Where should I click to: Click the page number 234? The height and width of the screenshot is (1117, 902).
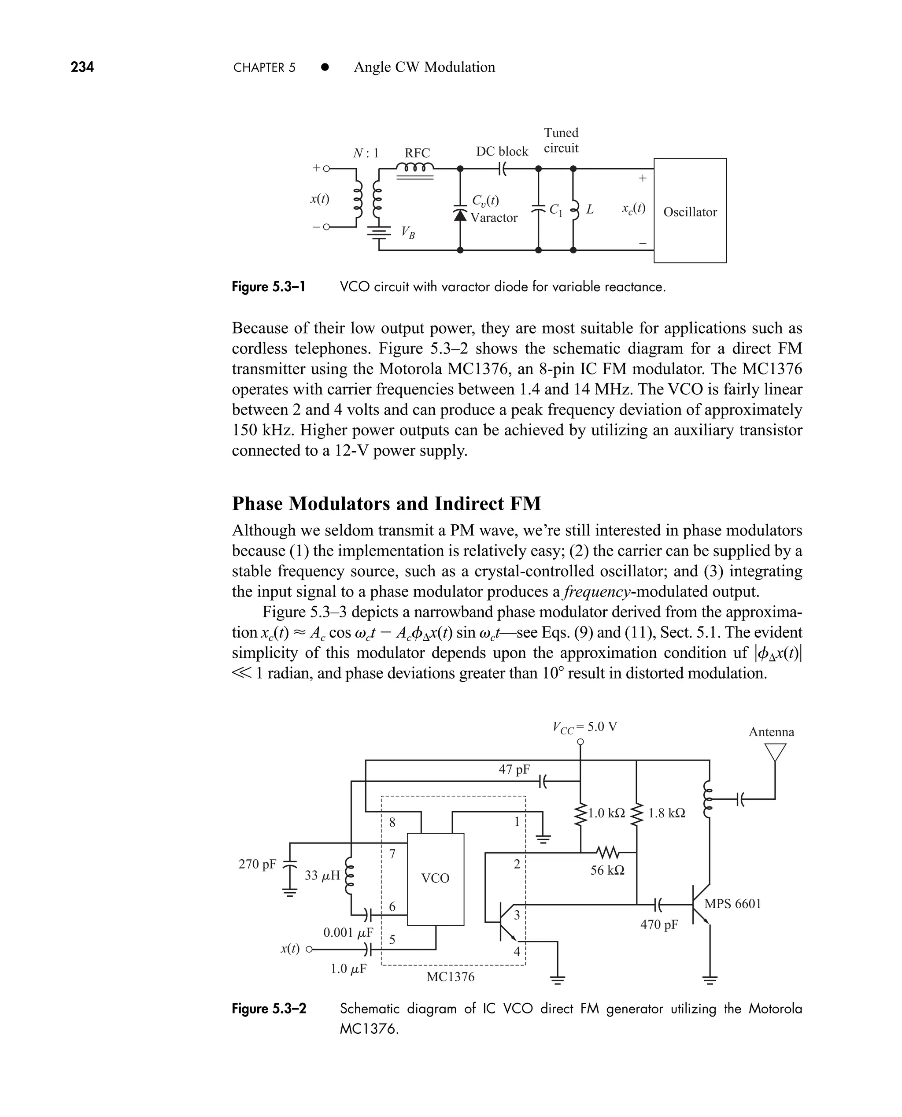(x=82, y=67)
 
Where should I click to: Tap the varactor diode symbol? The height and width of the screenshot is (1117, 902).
(x=460, y=213)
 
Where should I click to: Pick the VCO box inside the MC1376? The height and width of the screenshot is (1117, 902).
(x=436, y=879)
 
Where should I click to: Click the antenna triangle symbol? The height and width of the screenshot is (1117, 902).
(x=775, y=752)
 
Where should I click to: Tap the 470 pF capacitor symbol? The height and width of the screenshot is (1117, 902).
(x=658, y=905)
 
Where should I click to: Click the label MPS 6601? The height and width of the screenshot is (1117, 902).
(x=732, y=904)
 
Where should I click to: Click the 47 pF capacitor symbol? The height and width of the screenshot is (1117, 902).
(x=543, y=781)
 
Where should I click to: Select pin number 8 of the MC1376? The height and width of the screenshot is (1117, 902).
(x=392, y=822)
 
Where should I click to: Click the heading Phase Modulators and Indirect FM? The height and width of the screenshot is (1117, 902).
(x=386, y=503)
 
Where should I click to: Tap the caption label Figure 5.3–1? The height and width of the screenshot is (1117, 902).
(x=268, y=287)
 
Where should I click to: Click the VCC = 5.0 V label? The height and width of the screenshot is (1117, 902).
(x=584, y=727)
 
